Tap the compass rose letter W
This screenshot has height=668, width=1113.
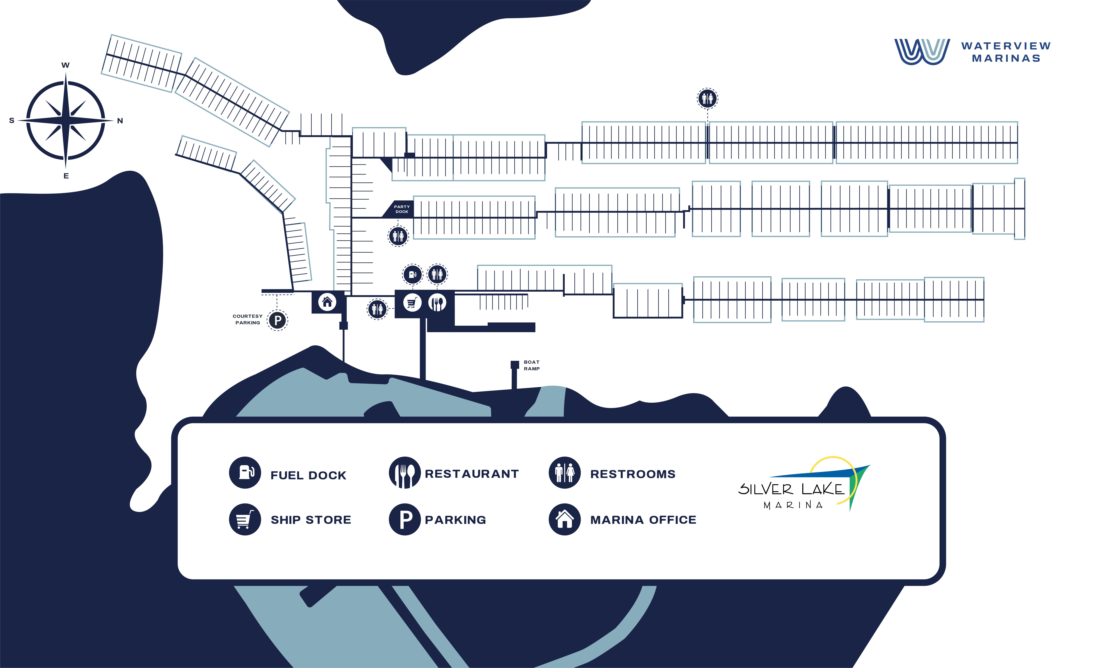66,65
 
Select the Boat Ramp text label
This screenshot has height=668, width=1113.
532,365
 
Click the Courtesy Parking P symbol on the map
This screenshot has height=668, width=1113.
278,321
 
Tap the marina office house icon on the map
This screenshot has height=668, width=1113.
327,302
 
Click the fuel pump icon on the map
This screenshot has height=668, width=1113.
412,274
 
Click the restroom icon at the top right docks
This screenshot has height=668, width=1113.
708,98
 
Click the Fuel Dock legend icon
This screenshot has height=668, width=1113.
245,473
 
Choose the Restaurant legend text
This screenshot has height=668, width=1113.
472,474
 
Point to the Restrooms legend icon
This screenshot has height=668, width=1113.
564,473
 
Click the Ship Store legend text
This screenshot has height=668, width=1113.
311,520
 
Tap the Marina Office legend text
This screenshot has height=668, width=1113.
643,520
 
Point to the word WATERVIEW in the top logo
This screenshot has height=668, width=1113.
1006,46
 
